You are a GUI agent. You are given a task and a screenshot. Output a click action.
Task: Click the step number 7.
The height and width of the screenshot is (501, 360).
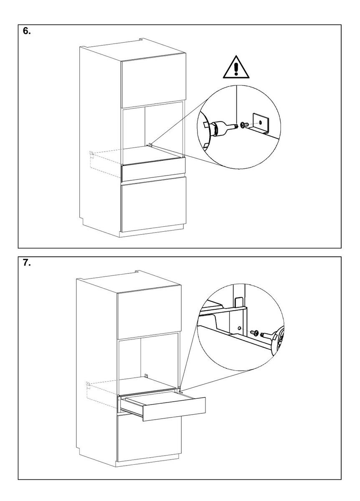[26, 265]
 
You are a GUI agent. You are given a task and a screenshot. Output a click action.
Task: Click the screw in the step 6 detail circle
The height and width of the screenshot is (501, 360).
[243, 124]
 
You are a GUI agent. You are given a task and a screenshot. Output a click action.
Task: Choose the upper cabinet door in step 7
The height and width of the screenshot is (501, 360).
[149, 314]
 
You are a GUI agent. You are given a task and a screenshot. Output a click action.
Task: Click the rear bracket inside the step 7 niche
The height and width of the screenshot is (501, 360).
[146, 376]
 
